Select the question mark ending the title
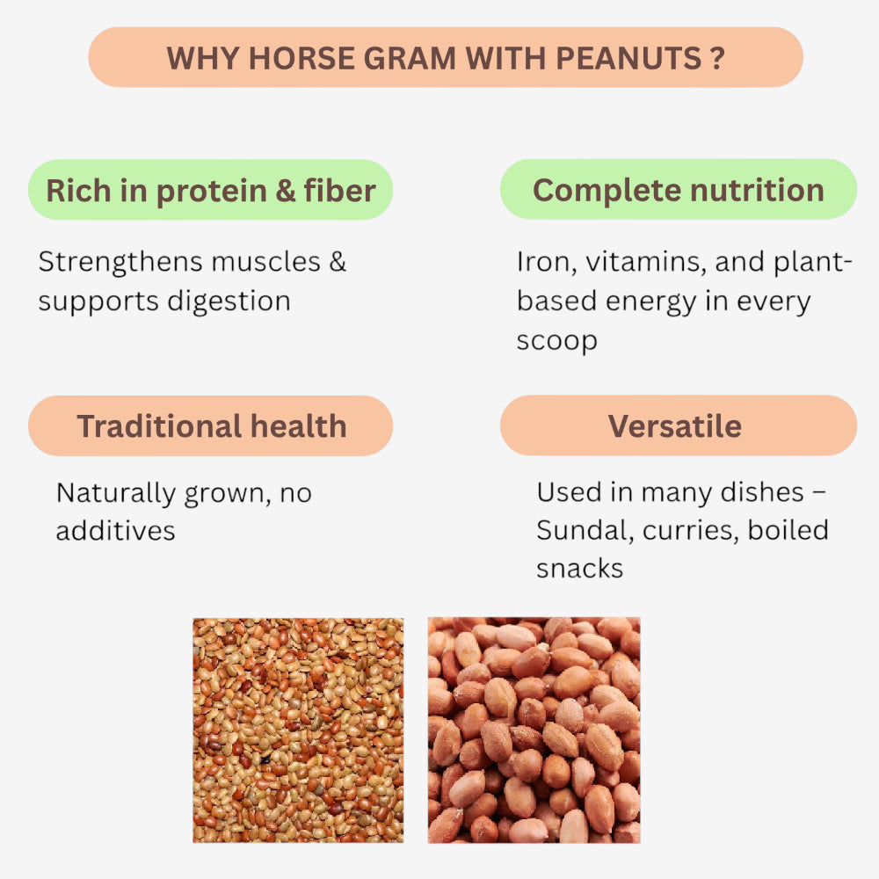(718, 58)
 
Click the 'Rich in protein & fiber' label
(210, 190)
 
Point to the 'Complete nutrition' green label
(678, 190)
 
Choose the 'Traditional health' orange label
(210, 426)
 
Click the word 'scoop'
(556, 340)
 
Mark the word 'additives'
(115, 531)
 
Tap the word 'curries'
(691, 531)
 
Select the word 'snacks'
(579, 569)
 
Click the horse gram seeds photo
(298, 730)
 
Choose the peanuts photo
(534, 730)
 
